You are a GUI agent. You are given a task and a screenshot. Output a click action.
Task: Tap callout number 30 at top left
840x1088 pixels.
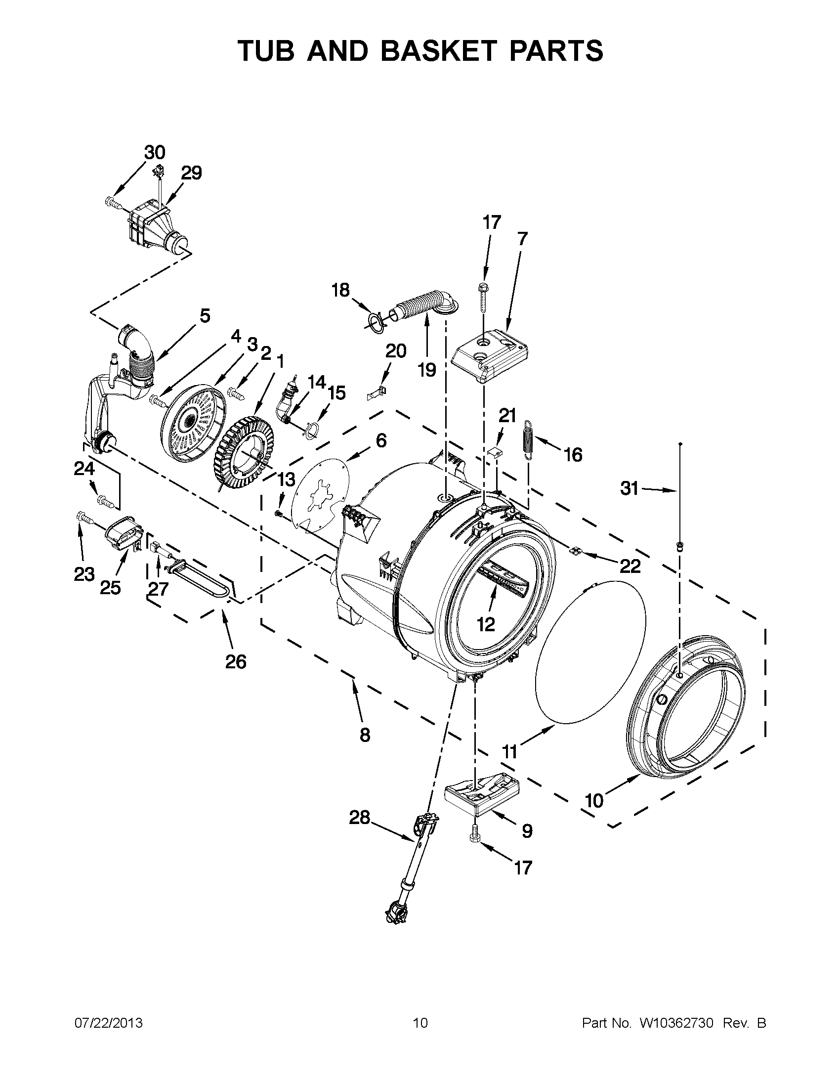(155, 152)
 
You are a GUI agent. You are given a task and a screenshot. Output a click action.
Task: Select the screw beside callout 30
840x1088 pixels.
(113, 202)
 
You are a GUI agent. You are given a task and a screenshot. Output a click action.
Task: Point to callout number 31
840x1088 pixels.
(629, 489)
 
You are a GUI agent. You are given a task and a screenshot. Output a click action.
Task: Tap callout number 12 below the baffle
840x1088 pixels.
(486, 624)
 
